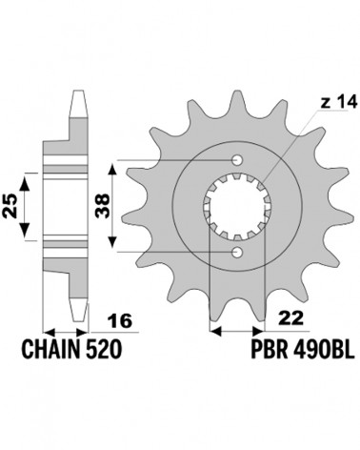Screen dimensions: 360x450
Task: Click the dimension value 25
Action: click(10, 206)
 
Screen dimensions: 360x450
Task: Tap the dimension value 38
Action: click(103, 206)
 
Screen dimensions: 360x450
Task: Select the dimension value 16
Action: click(120, 321)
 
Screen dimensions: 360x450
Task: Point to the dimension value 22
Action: click(290, 318)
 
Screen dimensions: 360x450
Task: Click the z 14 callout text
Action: click(339, 102)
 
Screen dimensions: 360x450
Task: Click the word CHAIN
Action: click(50, 350)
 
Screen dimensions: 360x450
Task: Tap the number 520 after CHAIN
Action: click(103, 350)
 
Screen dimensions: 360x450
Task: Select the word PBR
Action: click(270, 350)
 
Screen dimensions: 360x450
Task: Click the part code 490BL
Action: click(324, 350)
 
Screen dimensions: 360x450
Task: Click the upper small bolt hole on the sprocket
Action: click(237, 160)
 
